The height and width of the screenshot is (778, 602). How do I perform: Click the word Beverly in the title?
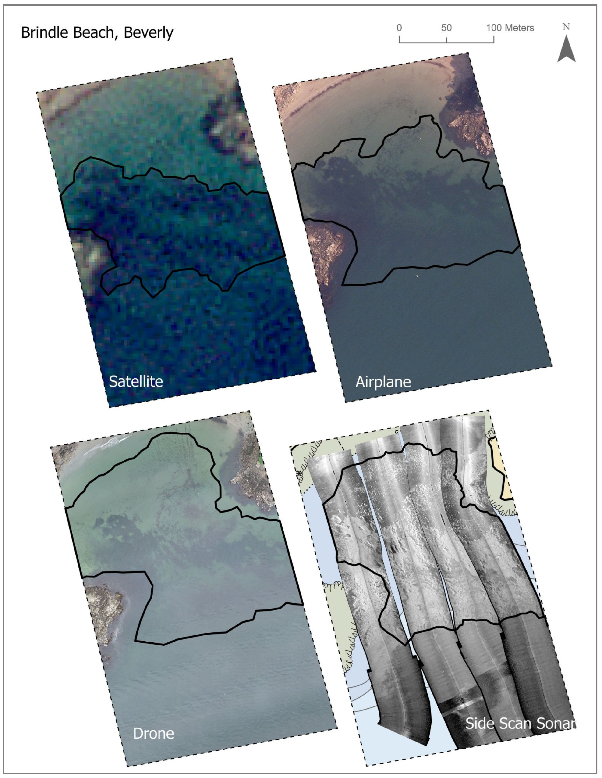(x=149, y=33)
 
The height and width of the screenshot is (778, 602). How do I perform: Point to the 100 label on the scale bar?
(x=494, y=28)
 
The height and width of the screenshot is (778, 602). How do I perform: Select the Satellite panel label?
(x=136, y=381)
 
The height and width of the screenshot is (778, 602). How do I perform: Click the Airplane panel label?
(x=383, y=382)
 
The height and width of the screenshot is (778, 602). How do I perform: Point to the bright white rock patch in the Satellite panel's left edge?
(x=92, y=255)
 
